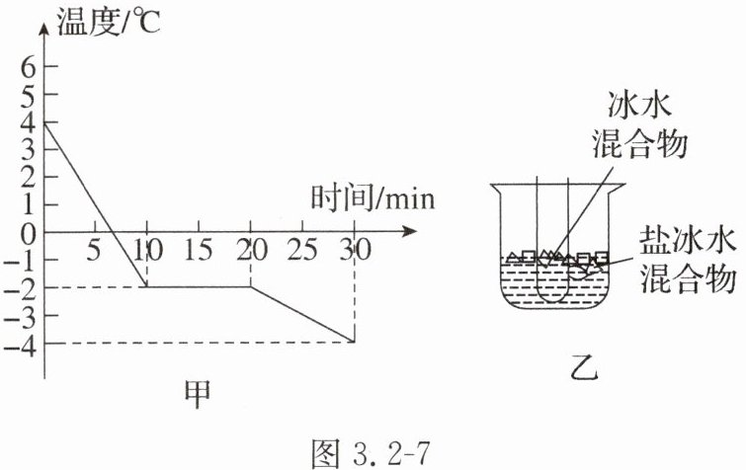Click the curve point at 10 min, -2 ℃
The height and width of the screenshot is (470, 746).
[147, 287]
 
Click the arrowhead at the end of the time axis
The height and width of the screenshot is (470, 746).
[407, 233]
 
